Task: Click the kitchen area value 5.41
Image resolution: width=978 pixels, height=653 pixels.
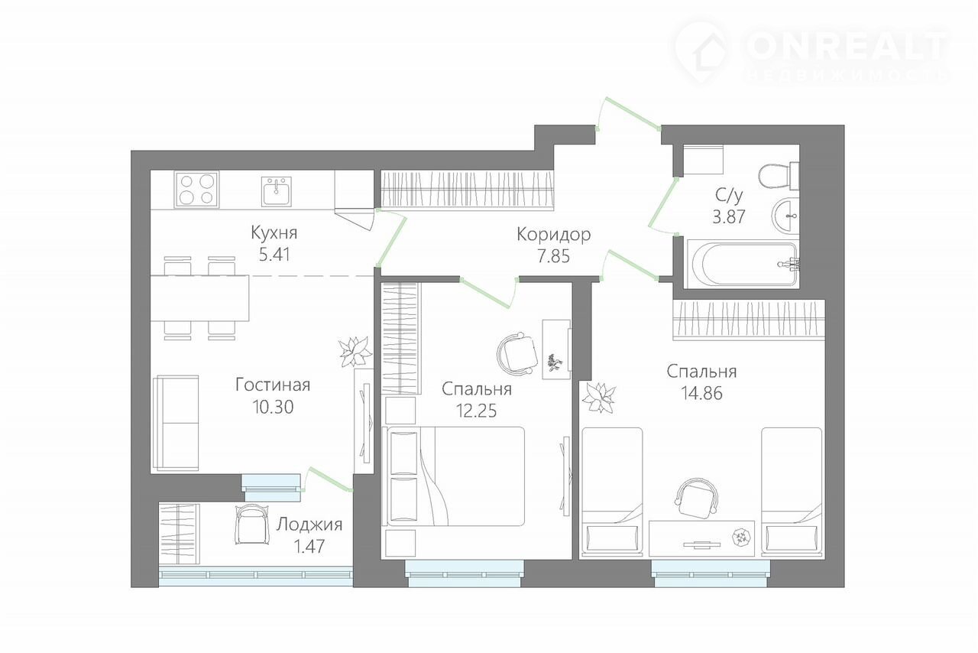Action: click(274, 255)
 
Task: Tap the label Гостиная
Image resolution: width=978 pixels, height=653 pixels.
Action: click(273, 385)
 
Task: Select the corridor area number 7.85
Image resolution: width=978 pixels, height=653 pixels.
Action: click(554, 256)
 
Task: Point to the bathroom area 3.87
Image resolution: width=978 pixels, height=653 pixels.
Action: click(729, 216)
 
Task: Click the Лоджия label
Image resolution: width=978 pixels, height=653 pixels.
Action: click(309, 525)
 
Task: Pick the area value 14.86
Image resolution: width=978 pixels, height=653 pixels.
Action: click(701, 393)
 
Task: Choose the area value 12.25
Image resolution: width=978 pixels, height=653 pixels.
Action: click(476, 411)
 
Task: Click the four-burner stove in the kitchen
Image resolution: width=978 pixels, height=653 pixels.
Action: click(197, 190)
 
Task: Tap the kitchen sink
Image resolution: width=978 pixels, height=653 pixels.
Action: click(277, 191)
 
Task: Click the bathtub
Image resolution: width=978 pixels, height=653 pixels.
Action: click(742, 264)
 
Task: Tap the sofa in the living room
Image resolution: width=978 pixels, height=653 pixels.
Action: click(176, 423)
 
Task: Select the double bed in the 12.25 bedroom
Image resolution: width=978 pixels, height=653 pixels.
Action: click(453, 476)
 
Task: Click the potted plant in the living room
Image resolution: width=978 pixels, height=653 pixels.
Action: click(355, 351)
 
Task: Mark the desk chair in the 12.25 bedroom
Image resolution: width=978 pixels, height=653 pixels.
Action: click(518, 353)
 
